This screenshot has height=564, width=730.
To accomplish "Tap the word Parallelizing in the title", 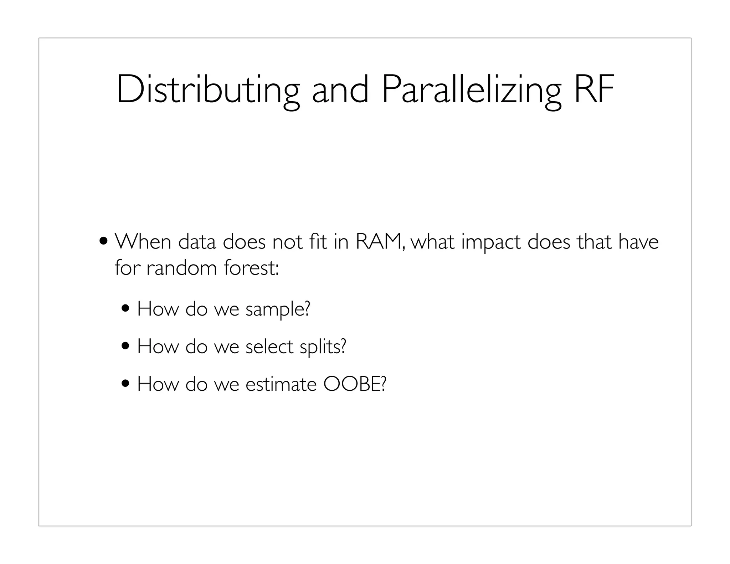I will click(471, 90).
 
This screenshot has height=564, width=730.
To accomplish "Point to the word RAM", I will click(379, 242).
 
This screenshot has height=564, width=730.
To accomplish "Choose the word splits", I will click(323, 347).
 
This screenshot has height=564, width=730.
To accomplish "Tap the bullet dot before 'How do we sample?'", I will click(126, 308).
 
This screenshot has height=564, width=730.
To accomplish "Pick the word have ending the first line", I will click(638, 242).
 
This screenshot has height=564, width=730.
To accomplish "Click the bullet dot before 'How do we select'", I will click(126, 345).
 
